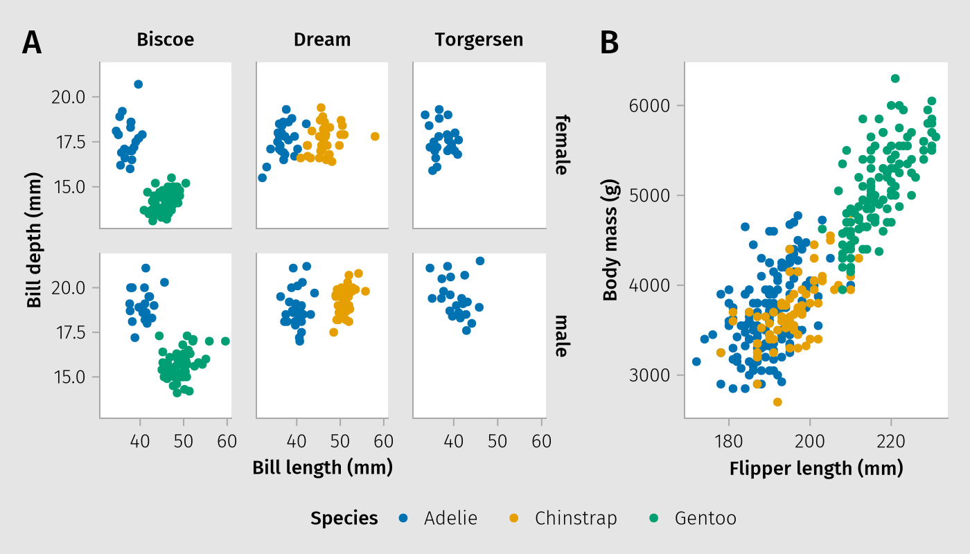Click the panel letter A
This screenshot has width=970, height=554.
click(32, 43)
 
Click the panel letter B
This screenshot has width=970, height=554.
click(609, 43)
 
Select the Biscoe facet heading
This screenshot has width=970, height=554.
click(166, 40)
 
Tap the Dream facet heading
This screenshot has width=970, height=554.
click(322, 40)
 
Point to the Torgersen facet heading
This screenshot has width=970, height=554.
click(479, 40)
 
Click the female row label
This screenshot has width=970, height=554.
click(561, 145)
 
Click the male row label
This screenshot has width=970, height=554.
click(561, 336)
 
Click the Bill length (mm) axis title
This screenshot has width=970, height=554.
click(322, 467)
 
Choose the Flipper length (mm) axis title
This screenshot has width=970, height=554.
click(816, 469)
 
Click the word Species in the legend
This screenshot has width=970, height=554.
click(344, 518)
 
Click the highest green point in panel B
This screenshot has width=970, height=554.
click(895, 78)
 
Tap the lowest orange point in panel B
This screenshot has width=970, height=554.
click(777, 402)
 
